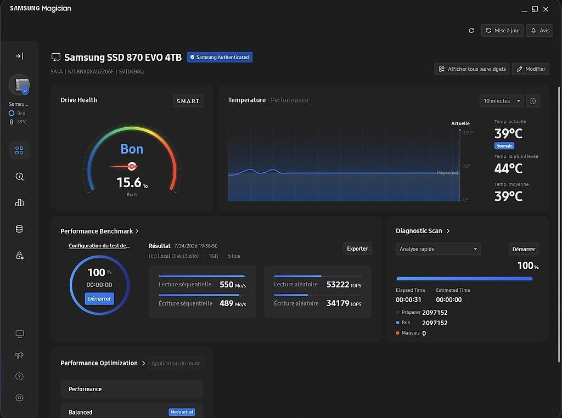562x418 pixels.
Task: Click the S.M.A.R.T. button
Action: click(188, 101)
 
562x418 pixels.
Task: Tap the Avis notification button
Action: click(540, 31)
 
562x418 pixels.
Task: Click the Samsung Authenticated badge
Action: click(220, 57)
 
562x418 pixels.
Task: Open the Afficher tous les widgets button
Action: click(472, 69)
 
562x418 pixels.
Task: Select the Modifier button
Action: click(531, 69)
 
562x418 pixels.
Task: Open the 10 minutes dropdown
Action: click(502, 101)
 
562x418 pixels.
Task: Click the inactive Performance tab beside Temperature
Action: click(290, 100)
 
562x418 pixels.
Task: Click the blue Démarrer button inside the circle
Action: click(99, 299)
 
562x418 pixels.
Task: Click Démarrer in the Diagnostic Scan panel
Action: click(524, 249)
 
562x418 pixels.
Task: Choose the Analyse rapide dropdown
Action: click(438, 249)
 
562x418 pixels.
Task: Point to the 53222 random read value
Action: click(338, 284)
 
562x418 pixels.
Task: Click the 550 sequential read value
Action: click(227, 284)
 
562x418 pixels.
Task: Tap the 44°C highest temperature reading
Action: click(508, 168)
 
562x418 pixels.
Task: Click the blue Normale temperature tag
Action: click(504, 146)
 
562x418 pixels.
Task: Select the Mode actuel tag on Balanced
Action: click(182, 412)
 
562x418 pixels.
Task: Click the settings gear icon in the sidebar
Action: click(19, 398)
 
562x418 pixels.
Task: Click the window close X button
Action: click(546, 9)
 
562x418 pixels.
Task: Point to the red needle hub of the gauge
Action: click(132, 166)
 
